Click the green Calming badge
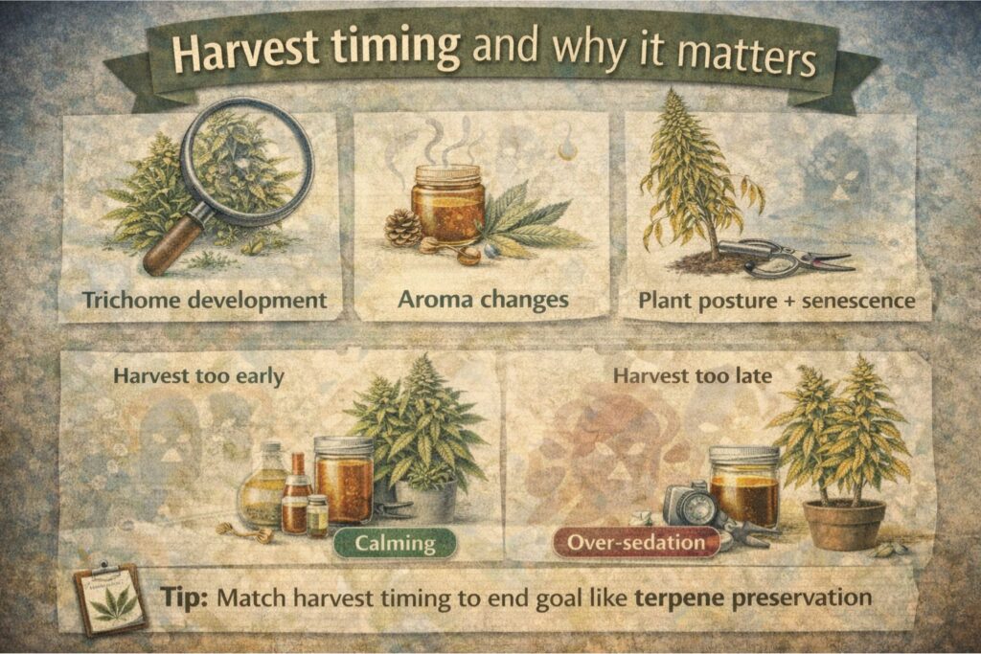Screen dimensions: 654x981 (x=396, y=544)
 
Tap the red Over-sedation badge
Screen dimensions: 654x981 (x=637, y=543)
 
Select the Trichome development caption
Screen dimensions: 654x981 (x=204, y=300)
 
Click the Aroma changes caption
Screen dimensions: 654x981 (x=483, y=300)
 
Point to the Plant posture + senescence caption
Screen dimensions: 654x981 (x=776, y=301)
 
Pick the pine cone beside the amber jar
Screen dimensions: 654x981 (x=402, y=229)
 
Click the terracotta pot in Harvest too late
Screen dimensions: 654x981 (x=843, y=524)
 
